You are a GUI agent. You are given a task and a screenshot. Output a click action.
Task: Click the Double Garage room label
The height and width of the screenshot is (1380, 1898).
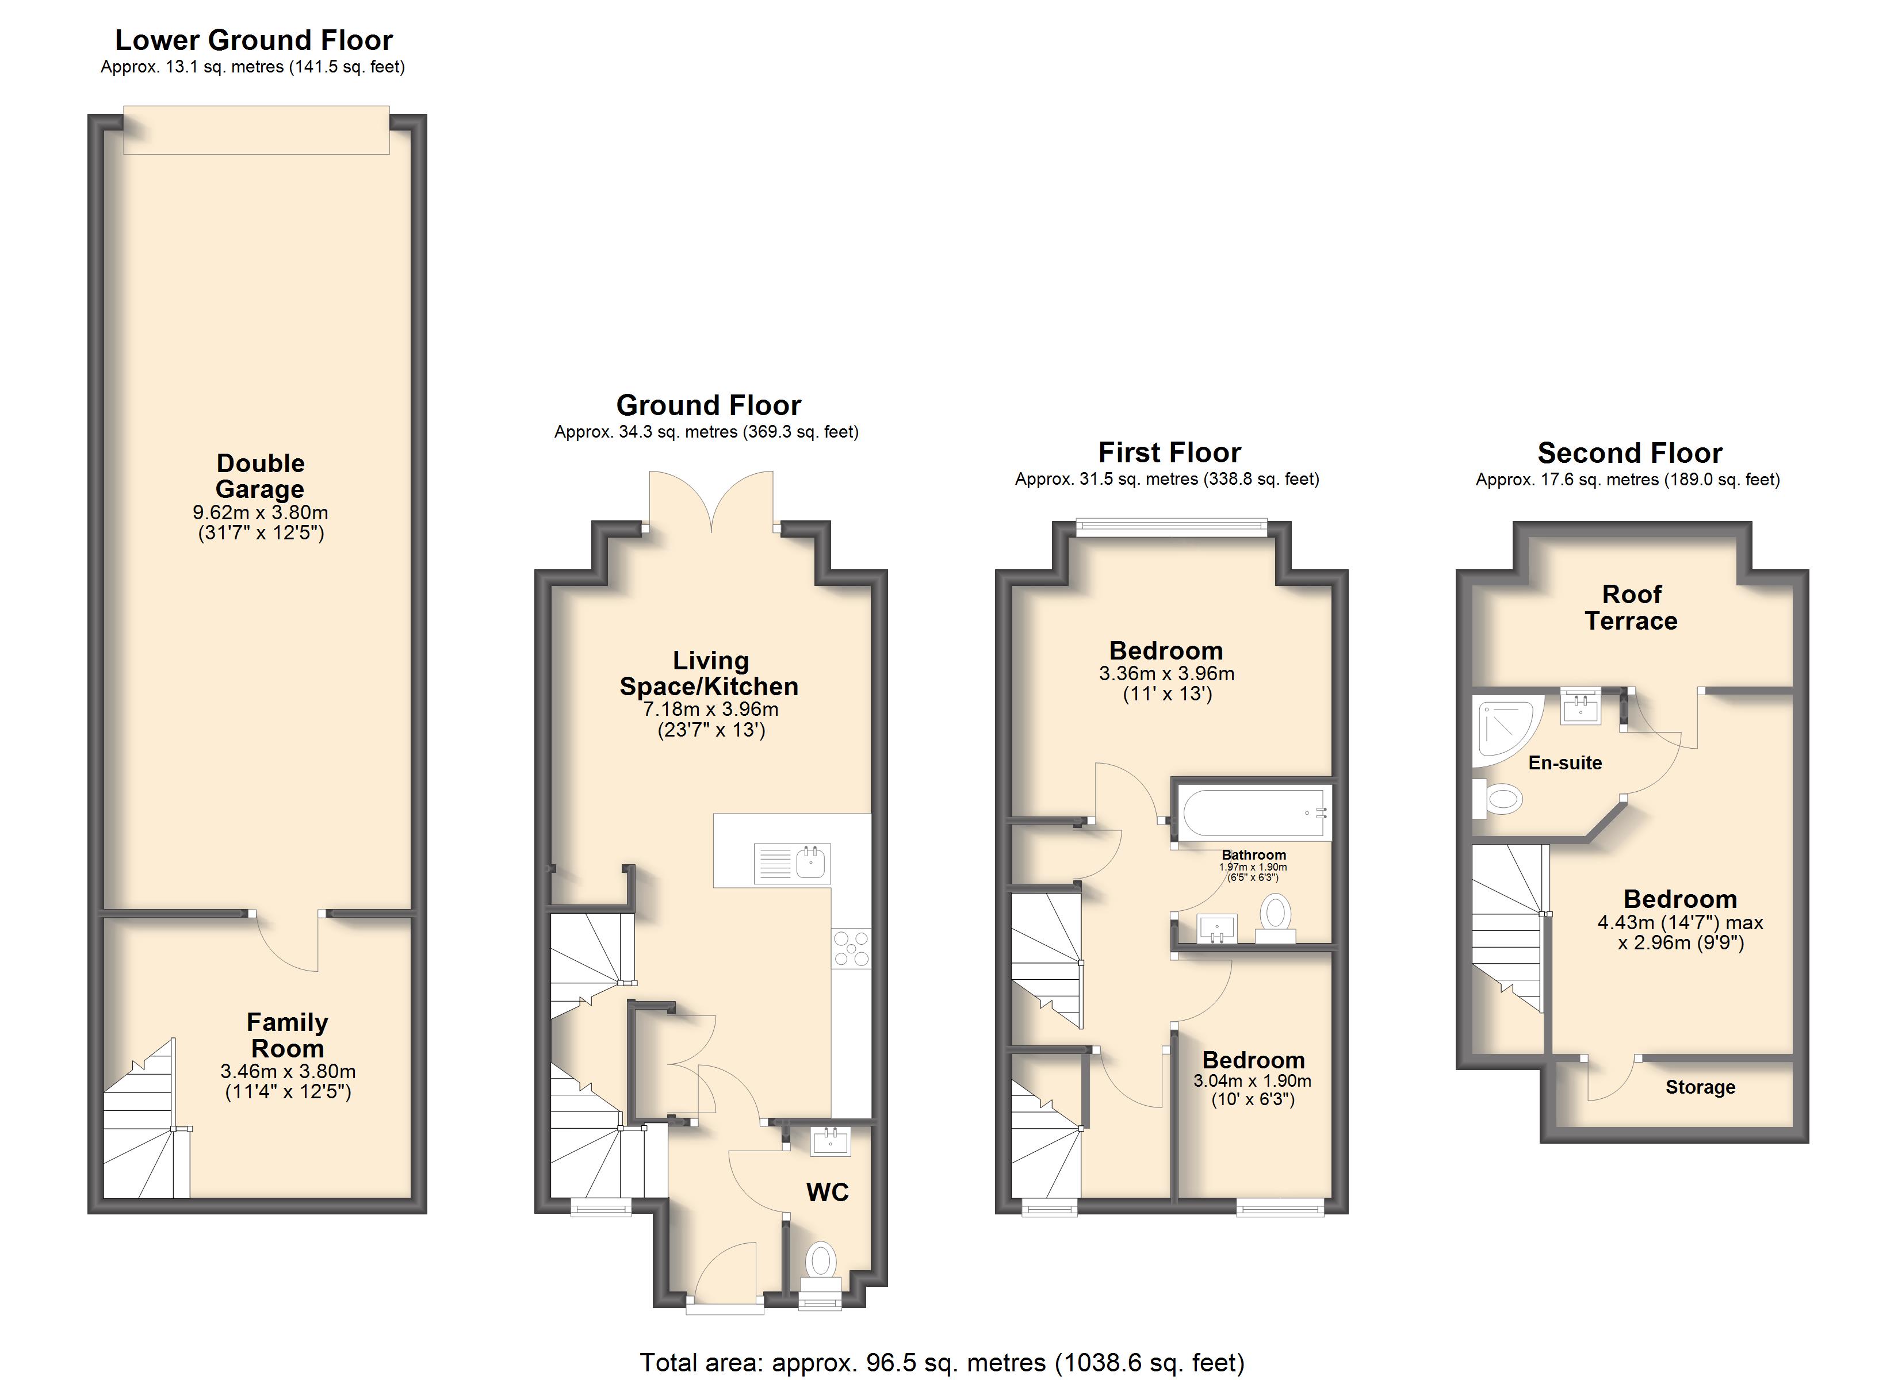(261, 476)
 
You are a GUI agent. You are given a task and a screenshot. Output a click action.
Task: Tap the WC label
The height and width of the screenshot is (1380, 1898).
(827, 1192)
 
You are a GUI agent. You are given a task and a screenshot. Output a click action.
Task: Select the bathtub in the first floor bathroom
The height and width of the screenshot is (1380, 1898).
(1254, 812)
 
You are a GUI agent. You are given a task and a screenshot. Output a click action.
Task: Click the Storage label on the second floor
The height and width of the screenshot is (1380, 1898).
(1700, 1087)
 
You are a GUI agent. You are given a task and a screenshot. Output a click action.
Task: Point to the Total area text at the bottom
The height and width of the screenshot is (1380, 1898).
(942, 1362)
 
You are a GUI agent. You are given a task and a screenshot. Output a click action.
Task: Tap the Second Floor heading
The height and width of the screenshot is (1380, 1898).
(1629, 453)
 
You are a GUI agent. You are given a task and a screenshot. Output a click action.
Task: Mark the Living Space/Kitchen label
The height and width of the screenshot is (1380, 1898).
(709, 674)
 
